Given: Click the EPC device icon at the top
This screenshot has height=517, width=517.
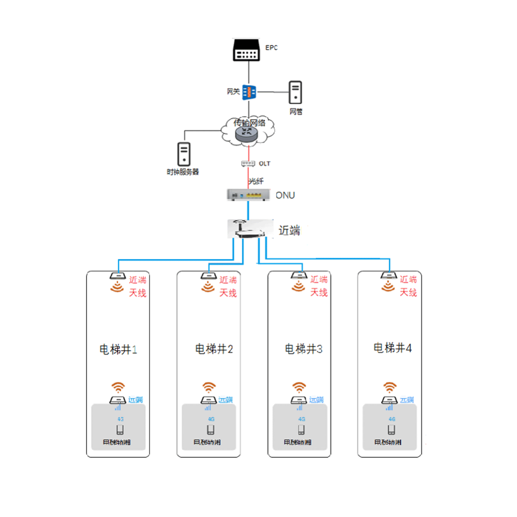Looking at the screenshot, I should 246,50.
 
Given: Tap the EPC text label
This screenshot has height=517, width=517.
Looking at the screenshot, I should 271,47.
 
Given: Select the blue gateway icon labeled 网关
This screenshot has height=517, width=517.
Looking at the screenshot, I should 249,92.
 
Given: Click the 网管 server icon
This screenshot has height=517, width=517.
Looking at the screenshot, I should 296,92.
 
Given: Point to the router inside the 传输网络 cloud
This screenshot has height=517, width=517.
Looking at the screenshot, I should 246,134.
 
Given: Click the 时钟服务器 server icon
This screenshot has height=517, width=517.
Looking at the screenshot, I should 184,154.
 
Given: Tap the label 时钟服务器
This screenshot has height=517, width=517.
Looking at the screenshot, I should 183,172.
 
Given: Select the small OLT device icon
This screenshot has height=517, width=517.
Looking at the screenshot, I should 248,164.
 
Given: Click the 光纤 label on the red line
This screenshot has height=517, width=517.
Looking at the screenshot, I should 256,181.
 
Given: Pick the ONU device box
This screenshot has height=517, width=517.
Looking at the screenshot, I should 248,195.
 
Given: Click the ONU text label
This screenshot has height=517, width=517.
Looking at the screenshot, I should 285,195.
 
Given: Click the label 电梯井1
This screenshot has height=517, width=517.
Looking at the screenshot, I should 118,349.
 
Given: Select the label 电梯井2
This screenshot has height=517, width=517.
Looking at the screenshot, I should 214,349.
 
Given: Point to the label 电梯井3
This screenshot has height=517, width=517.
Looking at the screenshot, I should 303,349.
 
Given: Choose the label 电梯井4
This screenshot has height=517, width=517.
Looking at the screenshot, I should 392,348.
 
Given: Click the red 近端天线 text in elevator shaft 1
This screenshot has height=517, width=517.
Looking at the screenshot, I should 138,287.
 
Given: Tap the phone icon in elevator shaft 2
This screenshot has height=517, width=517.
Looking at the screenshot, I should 211,430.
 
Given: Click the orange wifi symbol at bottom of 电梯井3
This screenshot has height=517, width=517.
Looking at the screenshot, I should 299,387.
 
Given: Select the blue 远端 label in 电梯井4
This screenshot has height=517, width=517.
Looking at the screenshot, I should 407,400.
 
